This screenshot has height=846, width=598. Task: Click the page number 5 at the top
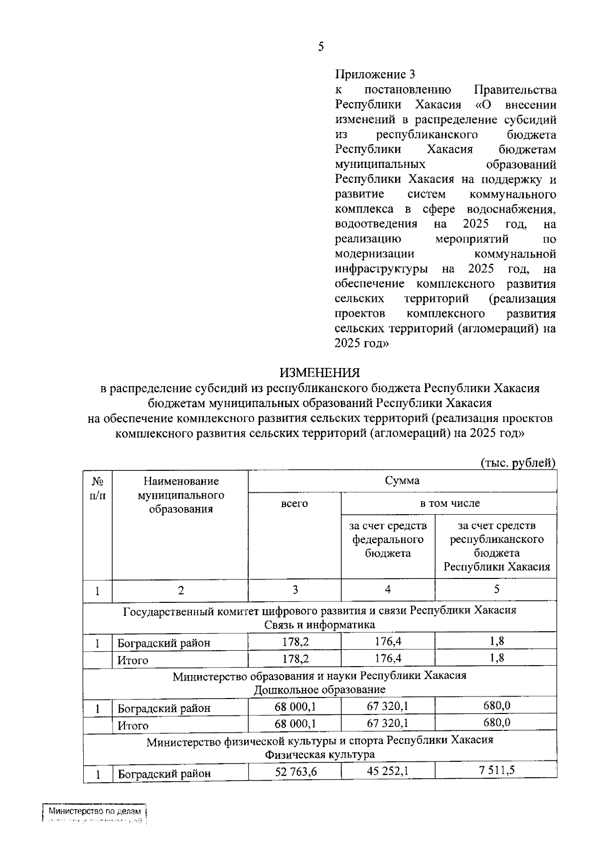(320, 47)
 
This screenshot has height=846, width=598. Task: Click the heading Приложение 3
(375, 75)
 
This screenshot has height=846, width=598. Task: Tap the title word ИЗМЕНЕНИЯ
(319, 373)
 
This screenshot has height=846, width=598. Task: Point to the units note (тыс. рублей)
(518, 463)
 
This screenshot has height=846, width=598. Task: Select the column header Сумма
(402, 481)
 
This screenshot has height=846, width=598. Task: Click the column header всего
(295, 503)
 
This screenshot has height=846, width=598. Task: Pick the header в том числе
(449, 503)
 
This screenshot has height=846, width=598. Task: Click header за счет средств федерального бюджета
(388, 539)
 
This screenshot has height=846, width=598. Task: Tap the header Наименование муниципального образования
(181, 495)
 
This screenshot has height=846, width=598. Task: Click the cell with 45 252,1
(388, 771)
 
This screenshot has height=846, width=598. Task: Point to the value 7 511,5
(497, 771)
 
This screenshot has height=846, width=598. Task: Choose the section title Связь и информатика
(319, 625)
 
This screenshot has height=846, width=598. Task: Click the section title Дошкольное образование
(319, 690)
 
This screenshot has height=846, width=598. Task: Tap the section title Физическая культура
(319, 755)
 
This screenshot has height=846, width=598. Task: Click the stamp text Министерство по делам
(95, 812)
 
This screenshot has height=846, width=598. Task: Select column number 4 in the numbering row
(388, 590)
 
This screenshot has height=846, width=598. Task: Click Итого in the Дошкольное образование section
(133, 726)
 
